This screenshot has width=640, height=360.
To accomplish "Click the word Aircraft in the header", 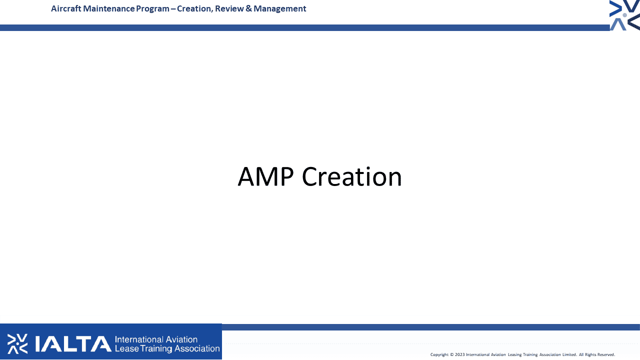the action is point(66,8).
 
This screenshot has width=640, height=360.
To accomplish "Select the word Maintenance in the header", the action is point(108,8).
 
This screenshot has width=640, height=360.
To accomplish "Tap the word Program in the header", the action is point(152,9).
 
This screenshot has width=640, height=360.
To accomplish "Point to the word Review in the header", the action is point(229,8).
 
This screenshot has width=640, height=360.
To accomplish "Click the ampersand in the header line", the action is point(248,8).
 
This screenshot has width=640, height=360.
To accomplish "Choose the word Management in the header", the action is point(279,9).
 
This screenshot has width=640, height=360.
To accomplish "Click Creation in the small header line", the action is point(195,9).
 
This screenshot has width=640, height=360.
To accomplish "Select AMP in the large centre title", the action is point(265,176).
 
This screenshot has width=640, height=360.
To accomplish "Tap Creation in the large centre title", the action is point(351,176).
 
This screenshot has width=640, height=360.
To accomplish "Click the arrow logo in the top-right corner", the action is point(624,15).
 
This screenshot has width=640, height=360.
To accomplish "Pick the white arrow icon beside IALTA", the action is point(17,343).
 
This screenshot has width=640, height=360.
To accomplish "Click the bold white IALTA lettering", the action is point(73,343).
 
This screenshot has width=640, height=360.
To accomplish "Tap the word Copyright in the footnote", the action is point(439,354).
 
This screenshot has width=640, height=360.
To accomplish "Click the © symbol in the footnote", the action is point(452,354).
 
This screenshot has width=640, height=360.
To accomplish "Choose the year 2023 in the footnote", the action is point(459,354).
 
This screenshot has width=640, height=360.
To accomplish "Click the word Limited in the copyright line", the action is point(569,354).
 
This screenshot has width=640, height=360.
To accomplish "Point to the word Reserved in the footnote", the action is point(605,354).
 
